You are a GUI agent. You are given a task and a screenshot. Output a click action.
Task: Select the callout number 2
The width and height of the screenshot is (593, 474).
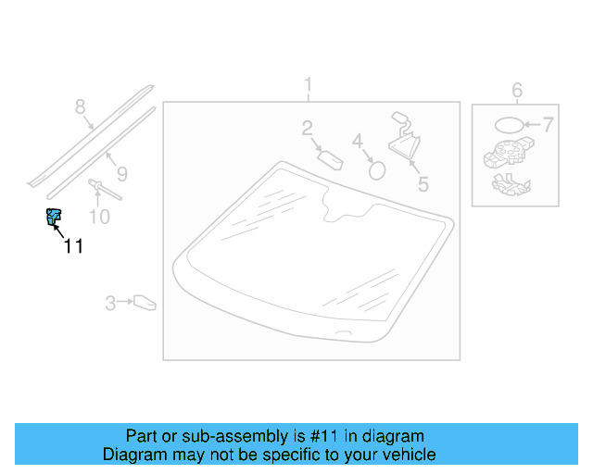coord(307,129)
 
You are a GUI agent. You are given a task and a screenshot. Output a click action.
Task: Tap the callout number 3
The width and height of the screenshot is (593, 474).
coord(110,302)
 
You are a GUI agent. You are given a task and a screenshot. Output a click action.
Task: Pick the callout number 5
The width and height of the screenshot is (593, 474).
coord(423,183)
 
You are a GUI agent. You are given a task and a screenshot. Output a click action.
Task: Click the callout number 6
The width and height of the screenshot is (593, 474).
coord(517,90)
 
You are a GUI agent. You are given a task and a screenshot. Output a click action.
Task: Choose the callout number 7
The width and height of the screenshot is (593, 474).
coord(548,124)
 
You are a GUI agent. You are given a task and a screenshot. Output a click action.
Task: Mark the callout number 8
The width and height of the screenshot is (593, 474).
coord(80,106)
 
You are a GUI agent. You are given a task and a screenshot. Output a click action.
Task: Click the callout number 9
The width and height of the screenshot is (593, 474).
coord(121,173)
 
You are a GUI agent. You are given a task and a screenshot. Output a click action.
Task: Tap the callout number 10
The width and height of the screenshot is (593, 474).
coord(98,217)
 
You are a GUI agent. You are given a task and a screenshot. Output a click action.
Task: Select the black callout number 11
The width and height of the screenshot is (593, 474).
coord(73,245)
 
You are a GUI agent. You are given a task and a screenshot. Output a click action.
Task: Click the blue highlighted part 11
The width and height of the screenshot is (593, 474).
coord(53,218)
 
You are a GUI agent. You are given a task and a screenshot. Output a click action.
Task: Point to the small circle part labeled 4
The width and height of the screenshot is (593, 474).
coord(377,169)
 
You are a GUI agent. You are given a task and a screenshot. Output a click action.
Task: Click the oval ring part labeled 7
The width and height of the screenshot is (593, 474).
coord(508,125)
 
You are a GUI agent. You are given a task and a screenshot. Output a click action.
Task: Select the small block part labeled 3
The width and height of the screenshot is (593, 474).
coord(145,302)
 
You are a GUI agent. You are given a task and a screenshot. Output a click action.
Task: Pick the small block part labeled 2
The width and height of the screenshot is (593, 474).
coord(332,158)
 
